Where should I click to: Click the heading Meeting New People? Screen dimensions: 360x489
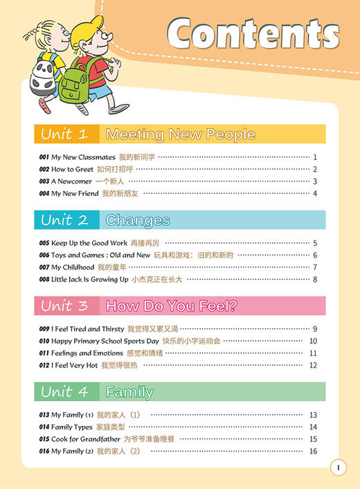(x=180, y=134)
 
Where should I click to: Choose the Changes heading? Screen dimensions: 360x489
(x=138, y=220)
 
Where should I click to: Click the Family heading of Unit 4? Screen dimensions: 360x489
(x=129, y=392)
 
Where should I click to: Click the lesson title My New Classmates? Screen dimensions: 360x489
(x=83, y=157)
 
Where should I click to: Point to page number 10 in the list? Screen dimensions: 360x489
(x=313, y=341)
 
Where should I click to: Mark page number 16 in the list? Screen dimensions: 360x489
(x=313, y=451)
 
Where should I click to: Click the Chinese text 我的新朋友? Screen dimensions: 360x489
(x=120, y=193)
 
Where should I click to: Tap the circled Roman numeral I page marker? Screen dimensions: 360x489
(x=337, y=468)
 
